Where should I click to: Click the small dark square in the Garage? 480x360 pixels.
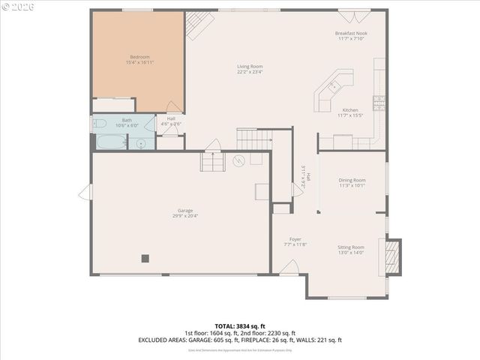pos(145,259)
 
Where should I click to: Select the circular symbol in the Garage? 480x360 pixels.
pos(239,160)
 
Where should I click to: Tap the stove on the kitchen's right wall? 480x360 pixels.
pos(379,103)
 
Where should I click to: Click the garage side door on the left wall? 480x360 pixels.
pos(85,193)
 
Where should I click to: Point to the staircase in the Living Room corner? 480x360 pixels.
pos(198,25)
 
